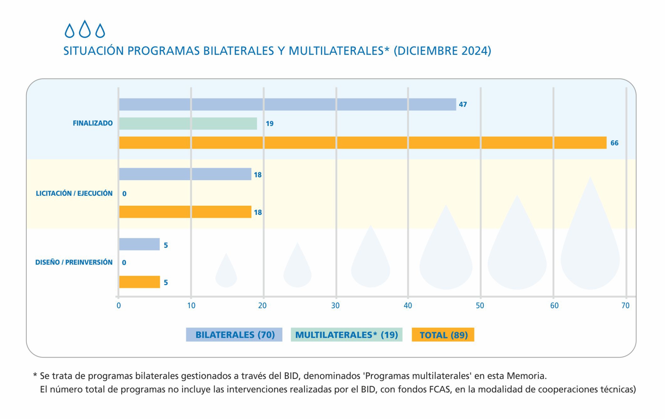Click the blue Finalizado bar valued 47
pos(287,104)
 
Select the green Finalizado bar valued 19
pos(188,124)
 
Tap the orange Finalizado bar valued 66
pos(363,143)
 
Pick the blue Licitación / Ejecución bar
pos(185,174)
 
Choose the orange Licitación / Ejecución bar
pos(185,212)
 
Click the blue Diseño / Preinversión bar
pos(139,244)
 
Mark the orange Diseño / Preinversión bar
pos(139,282)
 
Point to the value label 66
pos(614,143)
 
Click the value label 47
pos(463,104)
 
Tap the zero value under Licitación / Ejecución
pos(124,194)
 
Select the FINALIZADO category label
pos(93,123)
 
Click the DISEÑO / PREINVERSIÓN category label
pos(74,262)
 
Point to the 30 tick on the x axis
pos(335,306)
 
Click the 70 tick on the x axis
pos(625,306)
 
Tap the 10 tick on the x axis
pos(191,306)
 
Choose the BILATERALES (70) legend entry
pos(234,335)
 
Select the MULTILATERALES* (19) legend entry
pos(346,335)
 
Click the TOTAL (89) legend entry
pos(443,335)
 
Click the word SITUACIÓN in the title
pos(93,51)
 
